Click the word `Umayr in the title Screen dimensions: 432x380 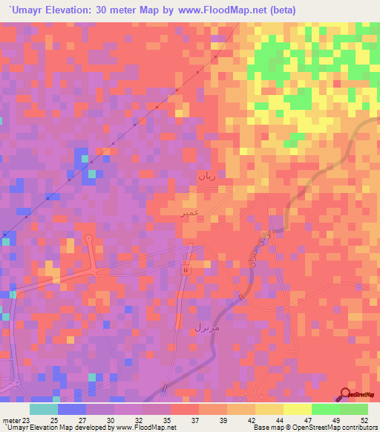point(25,10)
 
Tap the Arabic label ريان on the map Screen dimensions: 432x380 point(207,176)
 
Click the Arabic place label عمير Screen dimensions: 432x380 point(189,212)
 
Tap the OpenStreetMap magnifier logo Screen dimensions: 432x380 point(346,396)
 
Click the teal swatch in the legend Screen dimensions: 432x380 point(44,409)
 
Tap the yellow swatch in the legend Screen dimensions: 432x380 point(297,409)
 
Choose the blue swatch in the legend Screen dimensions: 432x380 point(72,409)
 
